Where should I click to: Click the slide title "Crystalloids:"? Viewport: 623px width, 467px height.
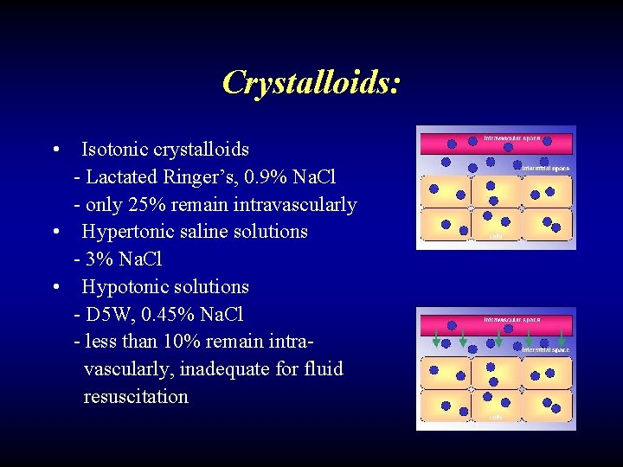pos(311,82)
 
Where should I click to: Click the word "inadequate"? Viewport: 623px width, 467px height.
pos(228,369)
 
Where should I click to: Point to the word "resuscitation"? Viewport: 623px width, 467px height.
pos(136,397)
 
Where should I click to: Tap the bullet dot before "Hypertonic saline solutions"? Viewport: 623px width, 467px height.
pos(55,232)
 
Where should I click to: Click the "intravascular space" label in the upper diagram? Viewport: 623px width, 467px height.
pos(511,138)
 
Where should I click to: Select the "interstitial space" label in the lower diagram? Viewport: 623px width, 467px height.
pos(546,350)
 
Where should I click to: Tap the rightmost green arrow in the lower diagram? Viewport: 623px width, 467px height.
pos(563,338)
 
